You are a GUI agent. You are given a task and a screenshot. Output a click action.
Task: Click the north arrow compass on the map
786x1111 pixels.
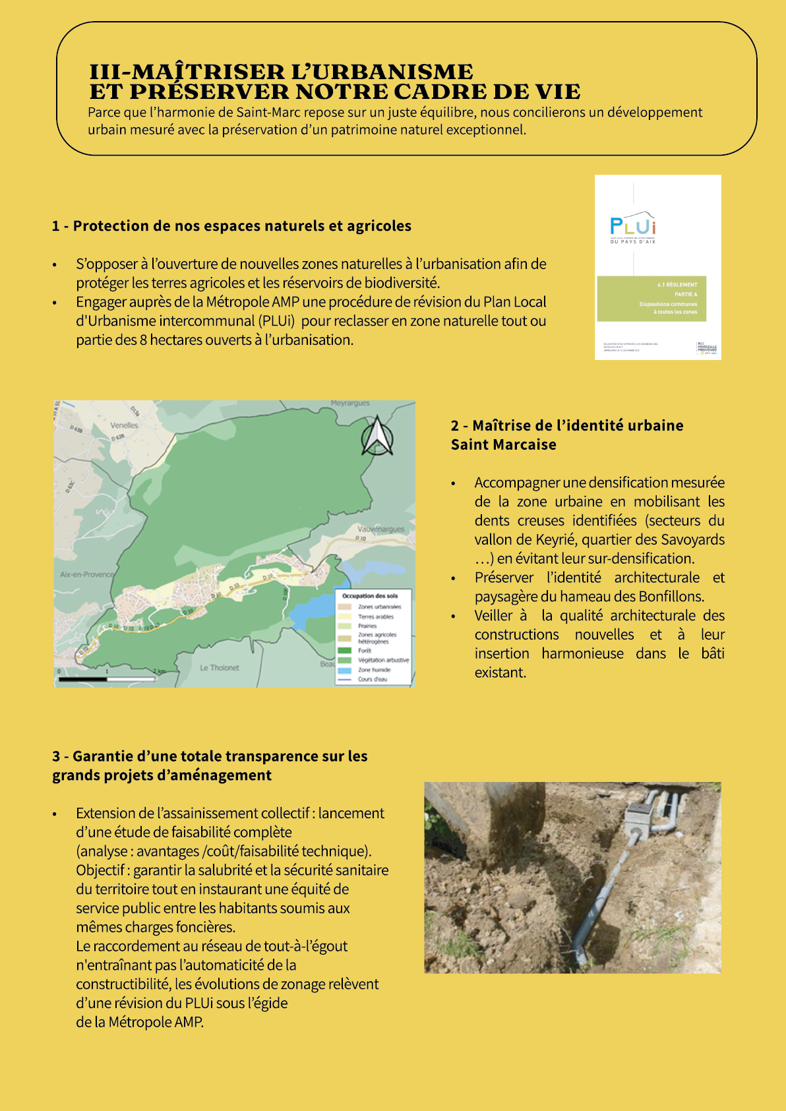pos(377,436)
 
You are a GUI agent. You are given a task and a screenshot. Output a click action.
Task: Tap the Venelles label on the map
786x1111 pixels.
pos(124,425)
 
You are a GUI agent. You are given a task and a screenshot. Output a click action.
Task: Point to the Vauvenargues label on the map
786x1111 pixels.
pos(380,529)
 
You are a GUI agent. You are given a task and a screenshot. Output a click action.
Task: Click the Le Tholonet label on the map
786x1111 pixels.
pos(220,668)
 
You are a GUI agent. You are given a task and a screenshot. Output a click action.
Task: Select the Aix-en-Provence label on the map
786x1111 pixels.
pos(86,574)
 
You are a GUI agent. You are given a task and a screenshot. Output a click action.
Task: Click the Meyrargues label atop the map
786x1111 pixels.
pos(350,403)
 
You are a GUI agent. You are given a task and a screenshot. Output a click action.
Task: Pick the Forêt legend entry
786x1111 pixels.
pos(364,651)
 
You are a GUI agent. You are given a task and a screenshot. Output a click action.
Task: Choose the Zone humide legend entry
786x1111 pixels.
pos(374,670)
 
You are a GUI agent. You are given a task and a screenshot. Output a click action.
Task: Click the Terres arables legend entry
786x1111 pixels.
pos(375,616)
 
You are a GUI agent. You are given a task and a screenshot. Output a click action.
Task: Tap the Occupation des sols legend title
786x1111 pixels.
pos(370,595)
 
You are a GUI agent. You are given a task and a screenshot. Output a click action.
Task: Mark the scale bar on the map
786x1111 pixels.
pos(106,678)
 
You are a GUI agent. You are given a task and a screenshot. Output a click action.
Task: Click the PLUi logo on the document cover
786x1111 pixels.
pos(632,226)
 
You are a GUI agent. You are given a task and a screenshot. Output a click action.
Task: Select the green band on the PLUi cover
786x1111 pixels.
pos(651,299)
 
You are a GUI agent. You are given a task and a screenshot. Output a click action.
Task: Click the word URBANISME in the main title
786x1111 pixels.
pos(382,71)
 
